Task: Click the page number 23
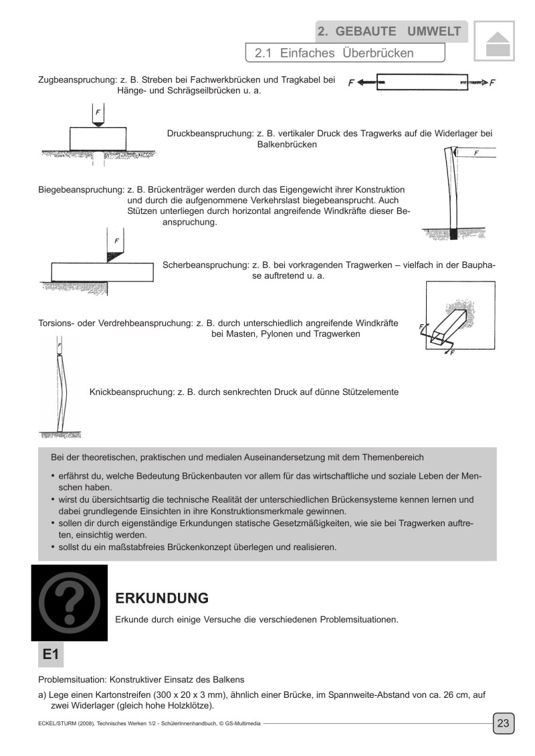[503, 723]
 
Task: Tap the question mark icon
[70, 603]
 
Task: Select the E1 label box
[52, 656]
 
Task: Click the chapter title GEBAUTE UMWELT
[389, 31]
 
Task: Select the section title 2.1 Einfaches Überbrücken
[334, 52]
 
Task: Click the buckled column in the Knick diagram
[61, 388]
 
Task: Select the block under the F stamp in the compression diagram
[98, 140]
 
